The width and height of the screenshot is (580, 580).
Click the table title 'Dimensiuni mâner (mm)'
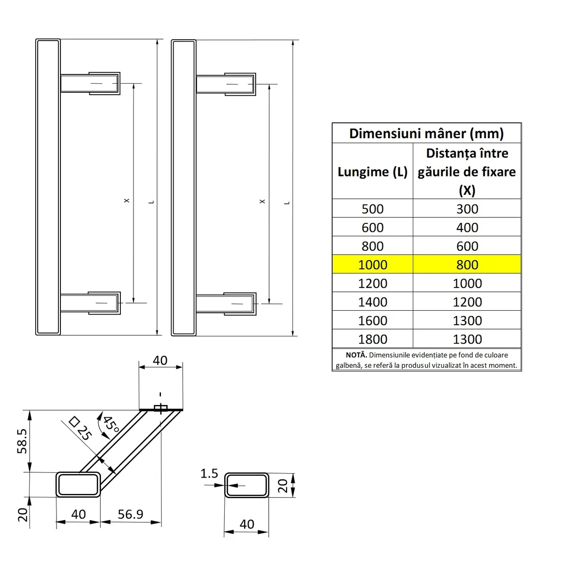click(x=426, y=133)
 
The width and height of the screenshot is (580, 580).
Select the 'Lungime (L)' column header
click(x=372, y=172)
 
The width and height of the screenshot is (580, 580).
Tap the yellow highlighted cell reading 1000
click(x=373, y=265)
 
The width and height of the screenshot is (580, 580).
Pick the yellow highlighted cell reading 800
click(x=467, y=265)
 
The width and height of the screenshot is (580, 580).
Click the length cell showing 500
click(x=373, y=209)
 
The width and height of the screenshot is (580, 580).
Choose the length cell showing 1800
click(x=373, y=339)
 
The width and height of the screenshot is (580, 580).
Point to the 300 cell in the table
click(x=467, y=209)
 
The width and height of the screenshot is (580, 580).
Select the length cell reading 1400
click(x=373, y=302)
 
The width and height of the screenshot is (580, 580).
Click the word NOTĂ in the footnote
click(x=356, y=355)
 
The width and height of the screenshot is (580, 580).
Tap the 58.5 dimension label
click(x=22, y=440)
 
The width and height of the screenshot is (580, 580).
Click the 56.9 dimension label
click(x=130, y=514)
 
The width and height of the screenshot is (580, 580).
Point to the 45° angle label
click(x=111, y=424)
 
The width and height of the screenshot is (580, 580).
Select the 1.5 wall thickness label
click(x=209, y=474)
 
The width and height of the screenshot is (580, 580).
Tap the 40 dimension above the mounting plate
click(x=160, y=361)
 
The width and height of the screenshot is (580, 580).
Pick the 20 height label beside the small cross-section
click(x=283, y=485)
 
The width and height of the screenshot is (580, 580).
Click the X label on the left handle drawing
click(x=127, y=201)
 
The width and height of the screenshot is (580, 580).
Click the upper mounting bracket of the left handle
click(x=103, y=84)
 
